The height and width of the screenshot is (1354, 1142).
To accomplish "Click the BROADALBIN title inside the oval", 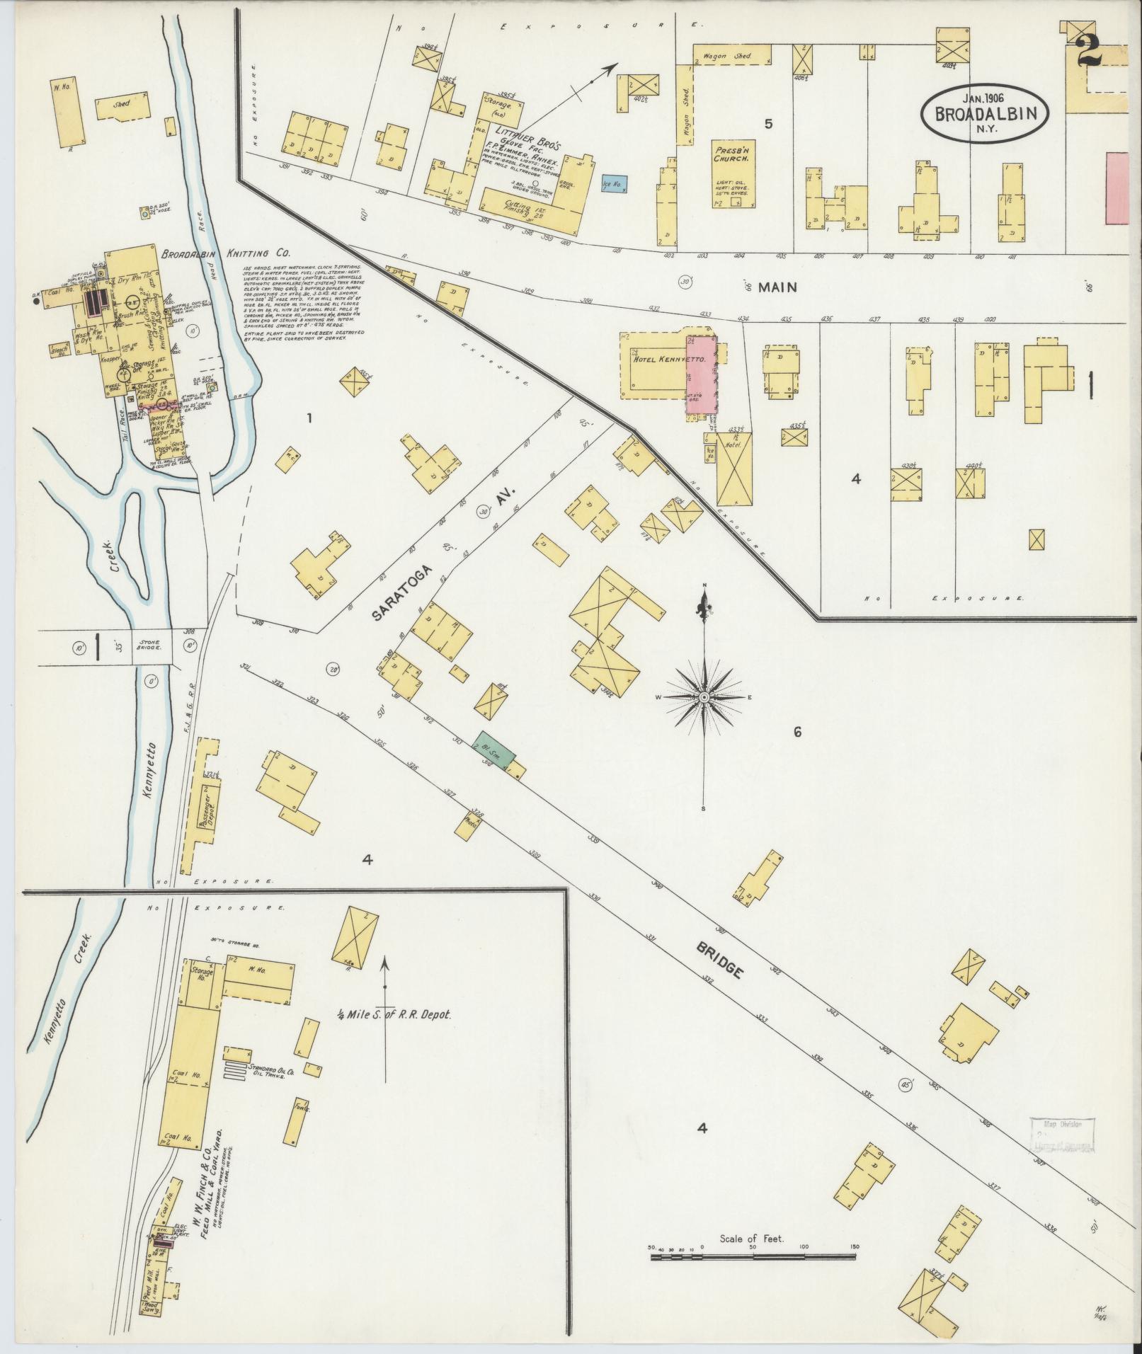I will (985, 115).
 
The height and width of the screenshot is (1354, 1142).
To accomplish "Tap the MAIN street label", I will (777, 287).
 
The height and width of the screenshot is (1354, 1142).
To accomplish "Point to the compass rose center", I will (704, 697).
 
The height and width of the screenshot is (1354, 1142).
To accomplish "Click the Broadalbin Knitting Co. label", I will (225, 253).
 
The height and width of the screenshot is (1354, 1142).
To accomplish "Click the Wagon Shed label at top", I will (732, 55).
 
